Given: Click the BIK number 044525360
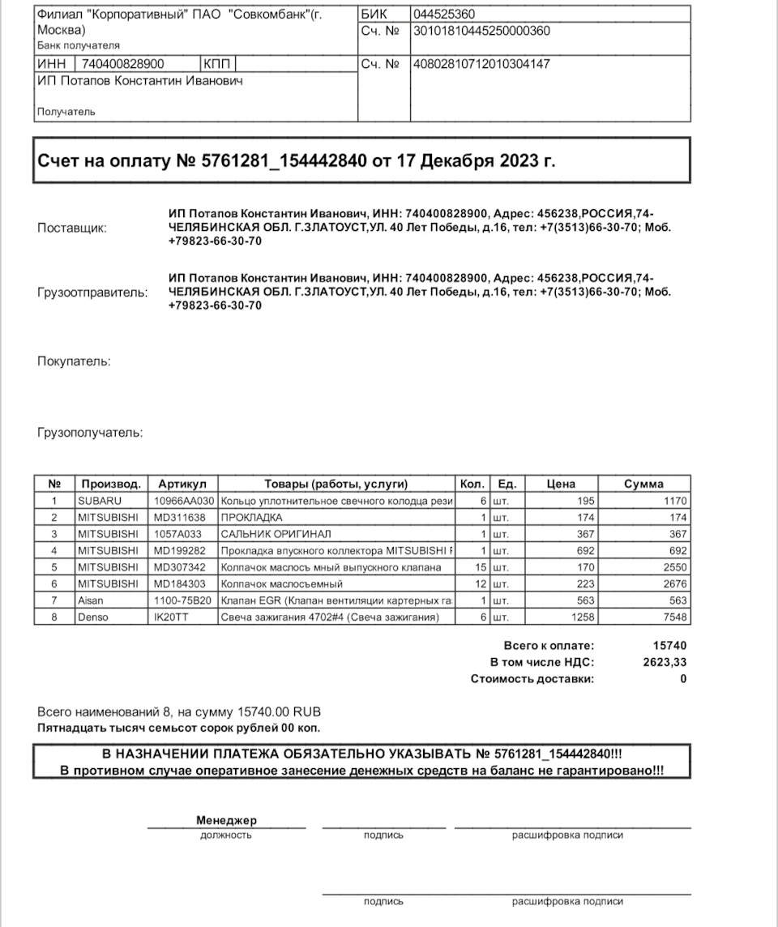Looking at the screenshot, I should [444, 15].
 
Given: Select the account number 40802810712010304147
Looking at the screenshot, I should [481, 64].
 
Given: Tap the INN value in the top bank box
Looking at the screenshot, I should [123, 64].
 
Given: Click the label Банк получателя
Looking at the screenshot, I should [79, 45].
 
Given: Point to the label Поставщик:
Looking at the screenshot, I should [72, 229].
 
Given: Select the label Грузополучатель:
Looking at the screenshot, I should [90, 433].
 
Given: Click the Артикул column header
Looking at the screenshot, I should [183, 484].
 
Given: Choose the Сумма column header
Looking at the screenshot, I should [643, 484].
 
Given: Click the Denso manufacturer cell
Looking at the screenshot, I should [94, 617].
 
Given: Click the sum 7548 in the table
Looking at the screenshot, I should [675, 617].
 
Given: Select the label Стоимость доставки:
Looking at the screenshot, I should [532, 679].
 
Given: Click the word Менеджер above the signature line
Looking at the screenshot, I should [226, 821].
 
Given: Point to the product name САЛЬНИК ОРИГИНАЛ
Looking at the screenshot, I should [276, 534].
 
